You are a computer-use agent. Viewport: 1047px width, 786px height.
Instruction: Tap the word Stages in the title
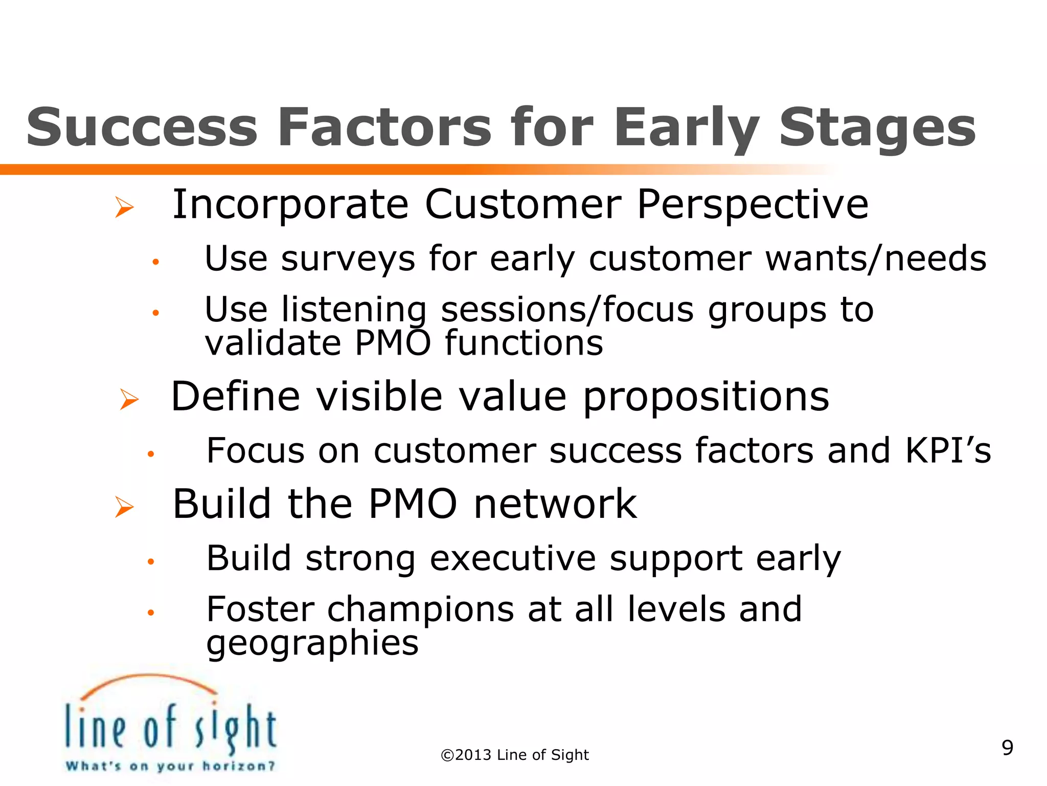point(877,128)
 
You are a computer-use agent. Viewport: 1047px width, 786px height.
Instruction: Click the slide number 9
point(1007,748)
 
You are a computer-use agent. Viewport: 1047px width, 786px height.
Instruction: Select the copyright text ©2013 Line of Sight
point(515,755)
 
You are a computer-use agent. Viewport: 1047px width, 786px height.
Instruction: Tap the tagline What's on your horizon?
point(170,766)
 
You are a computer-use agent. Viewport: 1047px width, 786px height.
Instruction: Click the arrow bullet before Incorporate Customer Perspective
point(124,207)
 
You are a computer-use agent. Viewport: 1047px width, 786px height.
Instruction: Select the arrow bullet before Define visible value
point(129,399)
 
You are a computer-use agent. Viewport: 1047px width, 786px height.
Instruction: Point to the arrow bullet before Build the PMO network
point(124,507)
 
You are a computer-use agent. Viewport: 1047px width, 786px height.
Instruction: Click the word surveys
point(348,259)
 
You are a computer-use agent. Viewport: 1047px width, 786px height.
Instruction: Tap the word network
point(555,504)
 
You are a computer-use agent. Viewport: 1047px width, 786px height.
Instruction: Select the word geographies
point(312,644)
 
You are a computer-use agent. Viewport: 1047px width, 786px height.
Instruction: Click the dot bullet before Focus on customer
point(150,453)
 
